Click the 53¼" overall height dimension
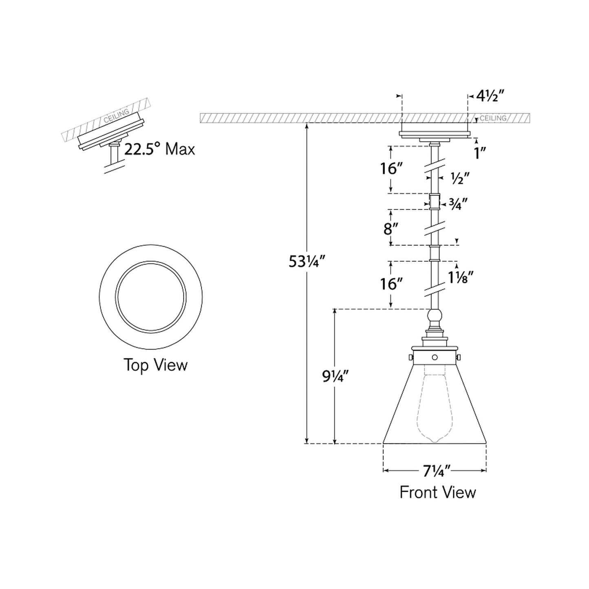pyautogui.click(x=307, y=261)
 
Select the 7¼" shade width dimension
pyautogui.click(x=436, y=471)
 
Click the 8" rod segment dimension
pyautogui.click(x=390, y=229)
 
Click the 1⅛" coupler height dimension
pyautogui.click(x=461, y=278)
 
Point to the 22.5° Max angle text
pyautogui.click(x=159, y=149)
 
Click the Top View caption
pyautogui.click(x=155, y=365)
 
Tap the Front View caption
pyautogui.click(x=437, y=492)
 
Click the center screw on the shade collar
pyautogui.click(x=435, y=357)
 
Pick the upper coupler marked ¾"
pyautogui.click(x=435, y=201)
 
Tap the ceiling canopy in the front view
pyautogui.click(x=435, y=133)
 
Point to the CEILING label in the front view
pyautogui.click(x=493, y=118)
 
